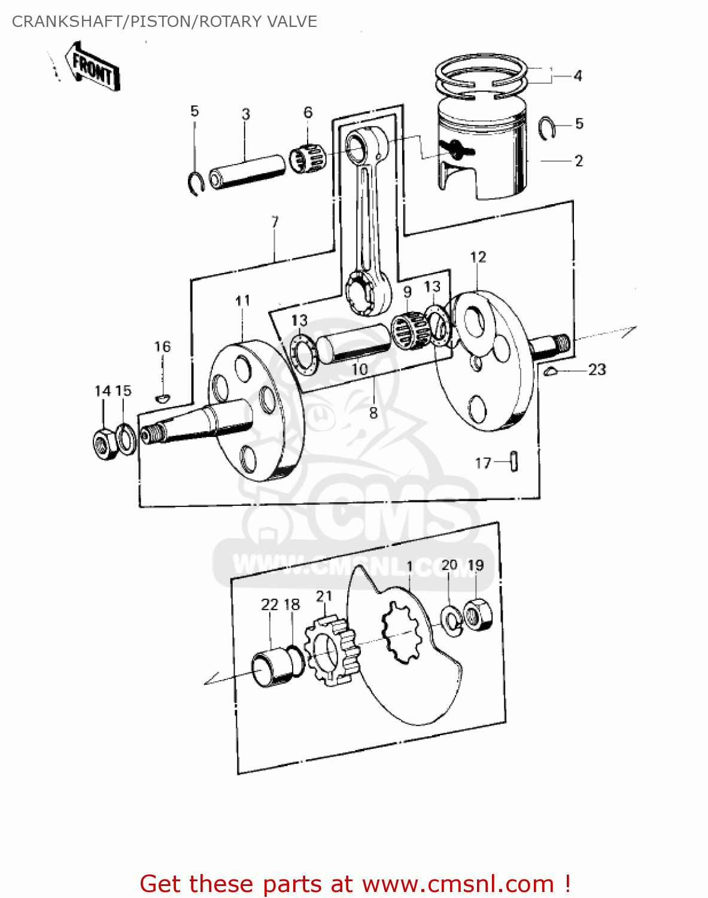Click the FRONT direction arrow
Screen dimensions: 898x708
(94, 67)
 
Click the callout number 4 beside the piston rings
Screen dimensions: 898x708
(577, 76)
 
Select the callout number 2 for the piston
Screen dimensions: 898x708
(578, 161)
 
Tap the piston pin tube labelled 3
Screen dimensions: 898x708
(246, 171)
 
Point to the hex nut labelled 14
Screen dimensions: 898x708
(105, 444)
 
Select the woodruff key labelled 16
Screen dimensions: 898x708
(162, 398)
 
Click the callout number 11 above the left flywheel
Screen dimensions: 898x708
(242, 301)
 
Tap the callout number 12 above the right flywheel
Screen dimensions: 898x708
(478, 257)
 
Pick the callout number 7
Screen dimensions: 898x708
(275, 223)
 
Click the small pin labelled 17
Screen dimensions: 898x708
(514, 462)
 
